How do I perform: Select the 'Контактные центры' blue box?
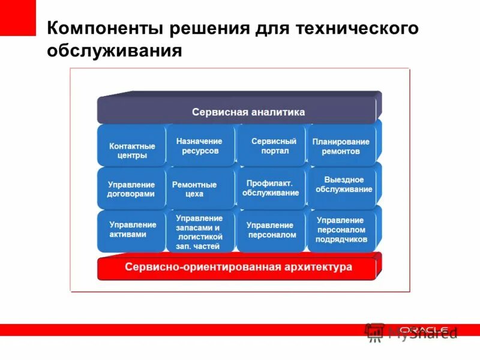[131, 151]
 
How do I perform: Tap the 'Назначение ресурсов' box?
[200, 146]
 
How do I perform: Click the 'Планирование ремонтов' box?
[340, 146]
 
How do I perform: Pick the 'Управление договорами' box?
[131, 189]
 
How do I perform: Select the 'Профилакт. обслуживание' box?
[271, 188]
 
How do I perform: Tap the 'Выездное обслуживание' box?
[342, 185]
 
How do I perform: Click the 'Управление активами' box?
[131, 229]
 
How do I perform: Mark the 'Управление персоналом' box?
[271, 230]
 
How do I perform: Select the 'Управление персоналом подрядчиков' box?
[341, 230]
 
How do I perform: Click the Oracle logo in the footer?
[424, 329]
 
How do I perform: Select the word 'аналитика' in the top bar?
[278, 112]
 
